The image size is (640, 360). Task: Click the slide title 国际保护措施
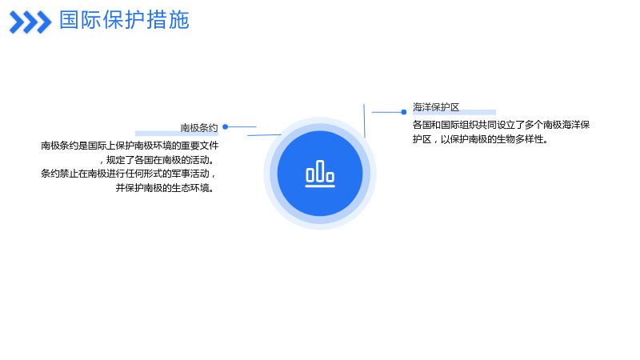(124, 20)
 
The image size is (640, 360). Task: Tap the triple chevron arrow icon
(30, 22)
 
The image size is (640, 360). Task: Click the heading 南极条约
(199, 128)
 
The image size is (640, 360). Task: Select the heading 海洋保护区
(436, 107)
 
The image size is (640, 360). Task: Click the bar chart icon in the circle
(320, 174)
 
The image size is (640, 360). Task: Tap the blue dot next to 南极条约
(225, 127)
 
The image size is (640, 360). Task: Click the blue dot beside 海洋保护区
(404, 112)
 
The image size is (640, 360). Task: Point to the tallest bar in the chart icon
(320, 171)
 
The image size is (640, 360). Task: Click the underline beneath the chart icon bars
(320, 186)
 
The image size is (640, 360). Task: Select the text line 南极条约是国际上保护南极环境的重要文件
(130, 146)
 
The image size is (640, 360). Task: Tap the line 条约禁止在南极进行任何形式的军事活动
(128, 174)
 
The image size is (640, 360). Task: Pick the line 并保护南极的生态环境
(165, 188)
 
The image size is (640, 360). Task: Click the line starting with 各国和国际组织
(502, 125)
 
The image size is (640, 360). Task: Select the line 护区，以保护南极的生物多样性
(480, 139)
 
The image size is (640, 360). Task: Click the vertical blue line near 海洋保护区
(364, 121)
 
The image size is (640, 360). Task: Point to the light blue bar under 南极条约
(177, 133)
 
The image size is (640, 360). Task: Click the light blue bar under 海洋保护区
(454, 112)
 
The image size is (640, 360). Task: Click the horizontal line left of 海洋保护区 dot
(386, 112)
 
